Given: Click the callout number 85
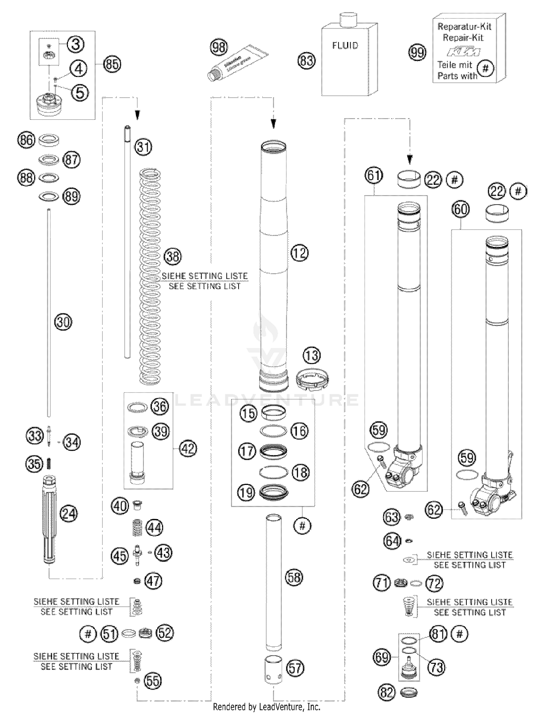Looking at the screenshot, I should coord(112,64).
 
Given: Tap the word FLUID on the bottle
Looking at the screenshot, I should coord(345,46).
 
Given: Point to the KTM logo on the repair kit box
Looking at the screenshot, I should coord(463,52).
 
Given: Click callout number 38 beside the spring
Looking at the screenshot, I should coord(173,256).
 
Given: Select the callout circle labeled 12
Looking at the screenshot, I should coord(299,253).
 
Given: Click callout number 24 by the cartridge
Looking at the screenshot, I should coord(68,513).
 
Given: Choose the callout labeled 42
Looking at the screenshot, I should coord(188,448).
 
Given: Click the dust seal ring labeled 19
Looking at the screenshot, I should coord(273,493).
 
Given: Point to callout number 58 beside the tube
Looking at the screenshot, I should coord(294,578).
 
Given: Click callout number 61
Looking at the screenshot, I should coord(374,176).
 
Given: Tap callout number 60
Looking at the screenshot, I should coord(460,209).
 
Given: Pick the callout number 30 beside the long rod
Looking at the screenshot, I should coord(63,322).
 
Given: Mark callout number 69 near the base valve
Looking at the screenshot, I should coord(382,657).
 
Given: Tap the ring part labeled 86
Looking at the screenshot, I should coord(48,140).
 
